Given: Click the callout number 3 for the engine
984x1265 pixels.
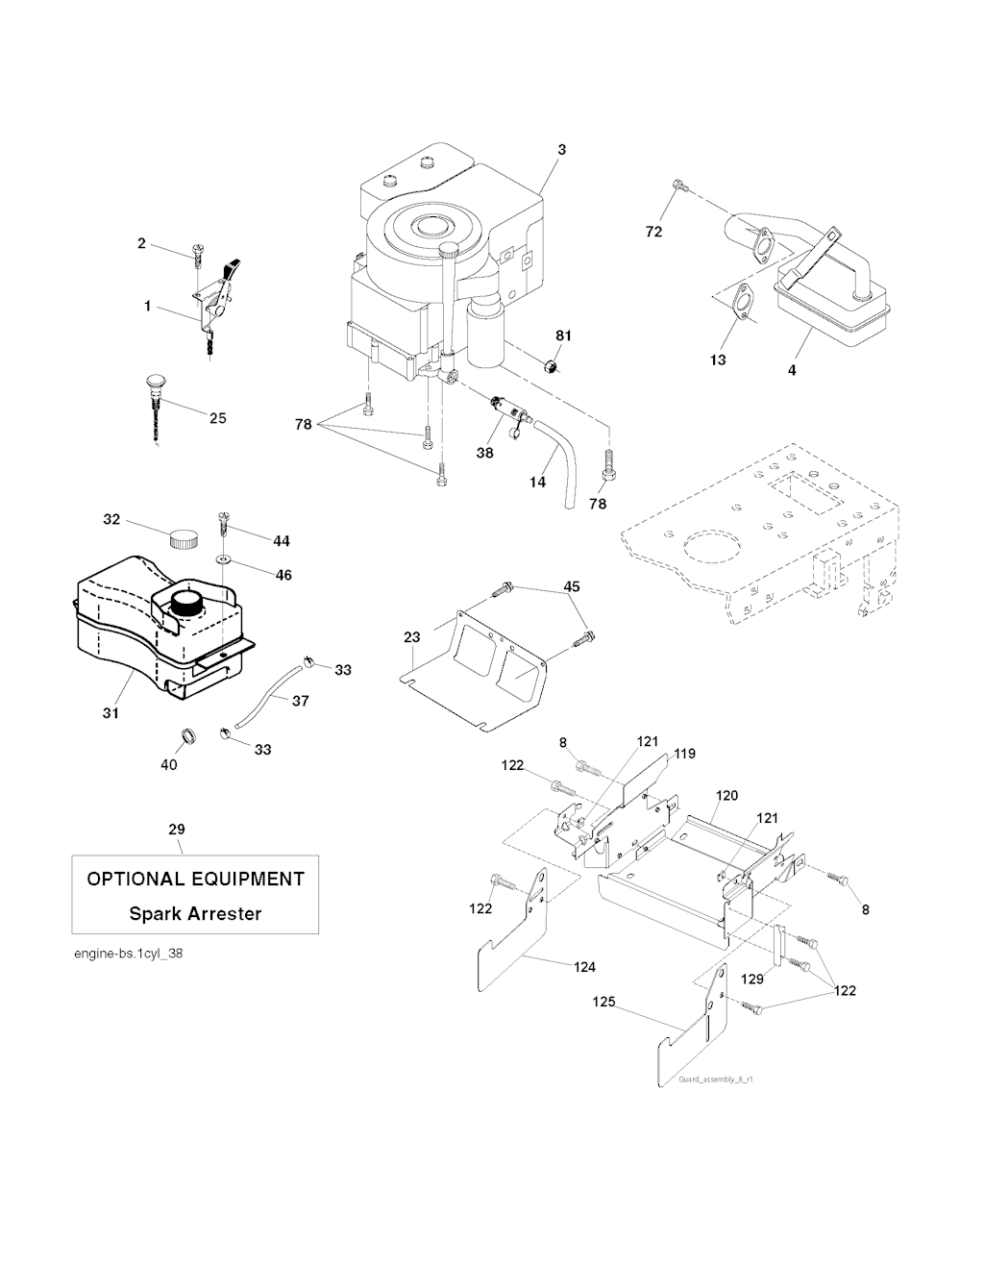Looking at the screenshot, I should (561, 149).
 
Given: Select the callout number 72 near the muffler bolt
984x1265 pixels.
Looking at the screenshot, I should (653, 232).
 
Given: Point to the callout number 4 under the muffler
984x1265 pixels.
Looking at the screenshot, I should (792, 369).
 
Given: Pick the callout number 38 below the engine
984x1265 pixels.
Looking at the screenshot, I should (485, 452).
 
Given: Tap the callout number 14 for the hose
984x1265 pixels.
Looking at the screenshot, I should (538, 481).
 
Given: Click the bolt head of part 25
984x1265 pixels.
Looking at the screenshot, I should (153, 382).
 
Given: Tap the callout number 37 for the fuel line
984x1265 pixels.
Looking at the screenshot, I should (300, 701).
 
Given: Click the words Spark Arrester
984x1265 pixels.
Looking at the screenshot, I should (195, 913).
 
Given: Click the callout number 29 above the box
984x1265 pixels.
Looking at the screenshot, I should (177, 830).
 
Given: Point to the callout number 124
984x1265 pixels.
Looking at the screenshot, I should (584, 966).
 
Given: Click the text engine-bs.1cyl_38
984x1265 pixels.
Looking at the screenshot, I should (128, 954).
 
